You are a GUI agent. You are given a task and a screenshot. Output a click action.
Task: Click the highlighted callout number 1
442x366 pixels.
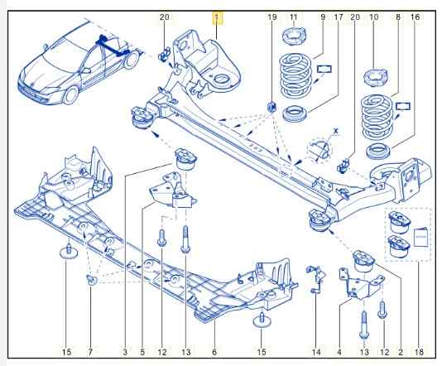(217, 17)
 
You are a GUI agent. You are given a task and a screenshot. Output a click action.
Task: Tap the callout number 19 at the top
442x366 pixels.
(272, 17)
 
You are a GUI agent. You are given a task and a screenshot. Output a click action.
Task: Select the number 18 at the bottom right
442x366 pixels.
(419, 352)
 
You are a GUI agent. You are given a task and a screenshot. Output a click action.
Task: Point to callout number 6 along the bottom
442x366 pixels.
(214, 352)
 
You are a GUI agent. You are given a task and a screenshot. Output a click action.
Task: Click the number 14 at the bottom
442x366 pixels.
(316, 352)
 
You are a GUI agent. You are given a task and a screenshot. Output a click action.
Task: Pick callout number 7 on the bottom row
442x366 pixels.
(90, 352)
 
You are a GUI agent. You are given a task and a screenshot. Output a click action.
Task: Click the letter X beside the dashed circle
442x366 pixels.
(335, 131)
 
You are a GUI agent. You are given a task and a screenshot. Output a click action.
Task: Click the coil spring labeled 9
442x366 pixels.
(295, 77)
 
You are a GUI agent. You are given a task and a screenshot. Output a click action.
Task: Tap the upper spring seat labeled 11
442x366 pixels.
(294, 36)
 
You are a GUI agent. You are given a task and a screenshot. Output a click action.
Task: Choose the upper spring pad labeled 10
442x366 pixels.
(377, 78)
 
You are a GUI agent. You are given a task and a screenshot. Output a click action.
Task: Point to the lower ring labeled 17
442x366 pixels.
(295, 113)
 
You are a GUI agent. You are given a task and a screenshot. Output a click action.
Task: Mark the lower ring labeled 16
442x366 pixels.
(378, 152)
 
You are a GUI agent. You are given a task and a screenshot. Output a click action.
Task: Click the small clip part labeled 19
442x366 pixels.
(271, 107)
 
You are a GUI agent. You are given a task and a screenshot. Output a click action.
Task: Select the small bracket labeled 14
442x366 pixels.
(315, 278)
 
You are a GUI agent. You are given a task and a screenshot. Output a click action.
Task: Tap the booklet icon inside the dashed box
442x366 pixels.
(421, 237)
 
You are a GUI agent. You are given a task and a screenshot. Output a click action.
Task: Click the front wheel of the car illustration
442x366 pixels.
(70, 94)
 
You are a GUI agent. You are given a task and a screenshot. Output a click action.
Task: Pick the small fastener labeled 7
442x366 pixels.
(92, 280)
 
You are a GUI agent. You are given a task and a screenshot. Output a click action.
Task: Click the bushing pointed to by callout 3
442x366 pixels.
(185, 159)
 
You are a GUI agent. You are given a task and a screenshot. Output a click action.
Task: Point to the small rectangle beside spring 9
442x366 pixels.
(324, 69)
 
